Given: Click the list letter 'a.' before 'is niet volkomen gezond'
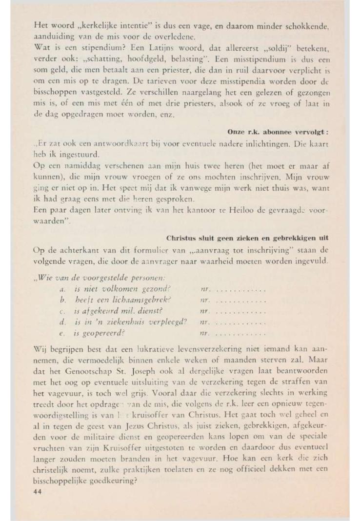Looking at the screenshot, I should (x=62, y=289).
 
